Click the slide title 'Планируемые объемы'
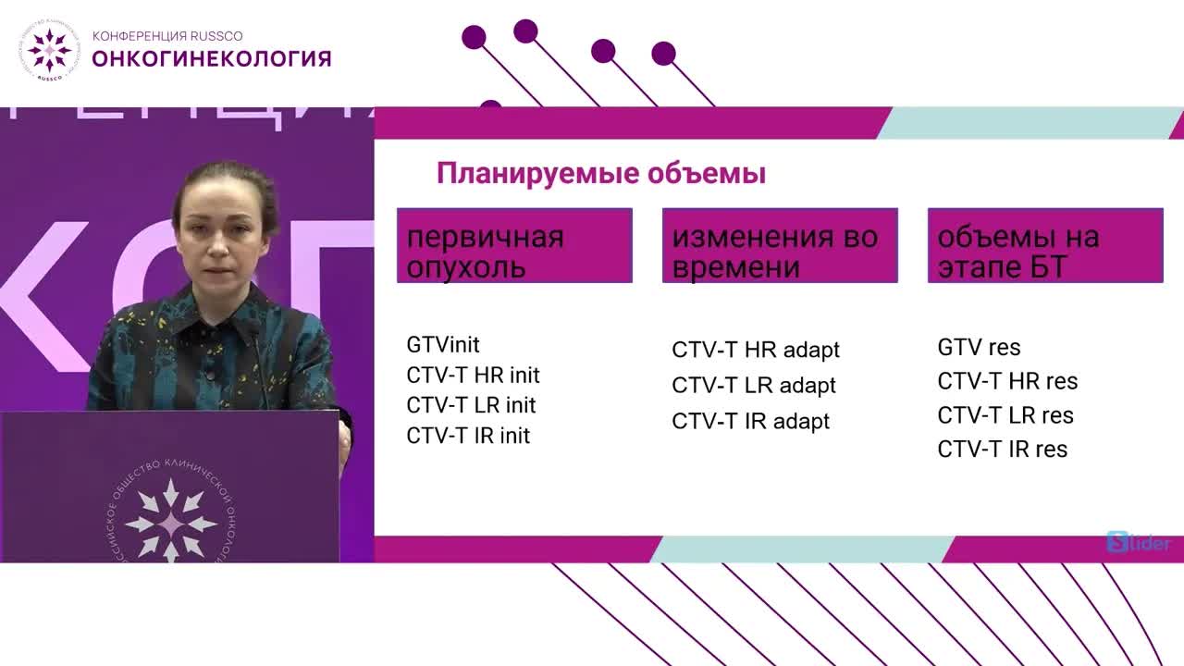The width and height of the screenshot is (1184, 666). (x=601, y=174)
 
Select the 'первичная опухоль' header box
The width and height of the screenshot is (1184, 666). (x=514, y=245)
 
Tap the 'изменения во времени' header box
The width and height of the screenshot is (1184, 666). (x=780, y=245)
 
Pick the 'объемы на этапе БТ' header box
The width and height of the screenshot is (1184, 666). (x=1045, y=245)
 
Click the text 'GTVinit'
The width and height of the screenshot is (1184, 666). (x=443, y=345)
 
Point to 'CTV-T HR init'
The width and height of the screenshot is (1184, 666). (x=473, y=376)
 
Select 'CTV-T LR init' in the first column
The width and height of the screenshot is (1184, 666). (x=471, y=405)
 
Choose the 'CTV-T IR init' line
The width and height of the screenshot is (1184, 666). (x=468, y=436)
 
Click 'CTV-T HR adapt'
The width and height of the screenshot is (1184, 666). (x=756, y=351)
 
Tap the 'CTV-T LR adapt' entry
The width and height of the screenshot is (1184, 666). (x=754, y=386)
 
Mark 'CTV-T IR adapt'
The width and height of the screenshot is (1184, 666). (x=751, y=421)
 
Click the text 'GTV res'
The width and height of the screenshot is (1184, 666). (x=979, y=348)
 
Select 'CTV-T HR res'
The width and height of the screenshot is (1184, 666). (x=1007, y=381)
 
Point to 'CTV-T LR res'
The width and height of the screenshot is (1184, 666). (x=1005, y=415)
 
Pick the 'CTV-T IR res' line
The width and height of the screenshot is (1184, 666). (x=1003, y=450)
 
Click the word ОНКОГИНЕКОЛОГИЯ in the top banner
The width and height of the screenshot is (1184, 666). (x=212, y=59)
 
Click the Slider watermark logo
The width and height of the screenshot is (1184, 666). (x=1138, y=543)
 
